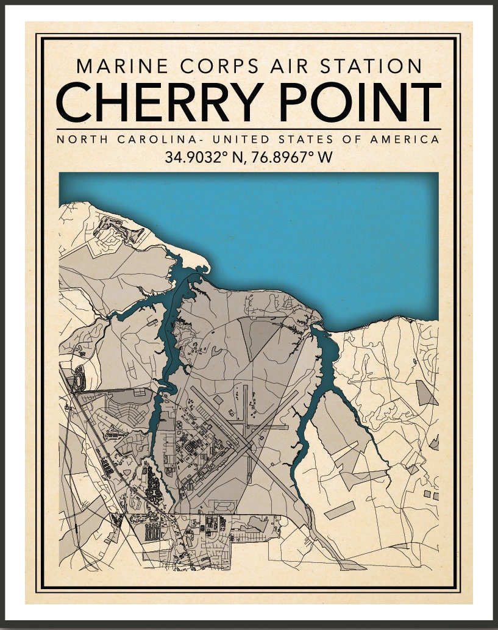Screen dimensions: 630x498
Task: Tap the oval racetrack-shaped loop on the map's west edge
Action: coord(79,378)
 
